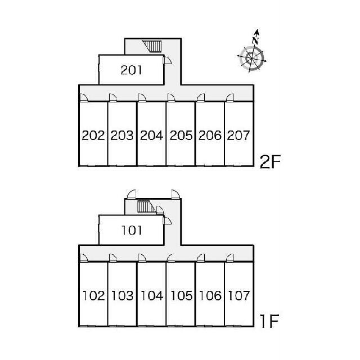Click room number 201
[x=131, y=70]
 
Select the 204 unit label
[x=151, y=136]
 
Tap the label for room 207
[x=238, y=136]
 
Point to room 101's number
[x=132, y=230]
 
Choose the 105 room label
[x=181, y=296]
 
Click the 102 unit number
[x=93, y=296]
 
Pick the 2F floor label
[x=270, y=162]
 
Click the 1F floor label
[x=269, y=321]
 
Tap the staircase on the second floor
[x=152, y=46]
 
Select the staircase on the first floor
[x=146, y=206]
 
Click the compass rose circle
[x=252, y=58]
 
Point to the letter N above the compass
[x=255, y=40]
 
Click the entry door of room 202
[x=84, y=97]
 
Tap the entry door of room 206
[x=201, y=97]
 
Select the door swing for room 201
[x=167, y=60]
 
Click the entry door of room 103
[x=113, y=258]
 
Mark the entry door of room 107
[x=230, y=258]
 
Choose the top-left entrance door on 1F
[x=132, y=193]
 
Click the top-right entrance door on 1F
[x=175, y=193]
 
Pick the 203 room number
[x=122, y=136]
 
